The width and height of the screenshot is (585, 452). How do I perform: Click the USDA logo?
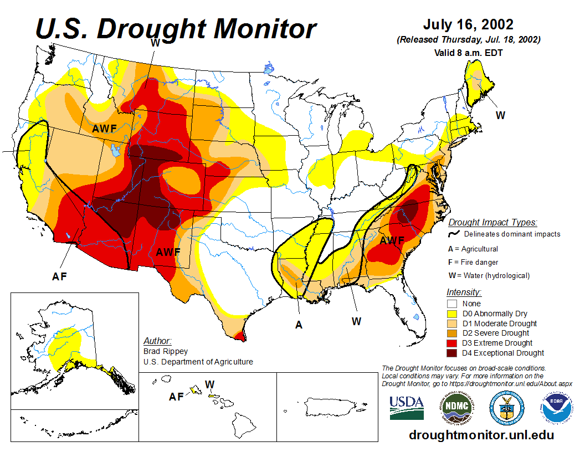[407, 408]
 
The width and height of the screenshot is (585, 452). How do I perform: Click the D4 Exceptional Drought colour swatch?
[453, 353]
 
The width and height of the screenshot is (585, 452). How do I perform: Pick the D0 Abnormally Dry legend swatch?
[453, 314]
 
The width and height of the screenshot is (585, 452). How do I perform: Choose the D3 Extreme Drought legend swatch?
[453, 343]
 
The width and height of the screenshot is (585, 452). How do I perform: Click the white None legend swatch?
[453, 304]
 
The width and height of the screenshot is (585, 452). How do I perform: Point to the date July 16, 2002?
[468, 25]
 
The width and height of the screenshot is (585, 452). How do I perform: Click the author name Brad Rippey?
[166, 351]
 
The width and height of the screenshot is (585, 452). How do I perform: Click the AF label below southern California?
[59, 276]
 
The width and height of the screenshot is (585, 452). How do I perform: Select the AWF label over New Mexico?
[168, 252]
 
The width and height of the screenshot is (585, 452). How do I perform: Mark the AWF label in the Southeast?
[392, 241]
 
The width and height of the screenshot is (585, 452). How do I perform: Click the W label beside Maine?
[500, 115]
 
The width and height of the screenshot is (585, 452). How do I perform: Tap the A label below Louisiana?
[299, 325]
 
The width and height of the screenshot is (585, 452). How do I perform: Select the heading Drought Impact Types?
[492, 223]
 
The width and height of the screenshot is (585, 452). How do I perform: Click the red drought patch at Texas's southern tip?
[240, 336]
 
